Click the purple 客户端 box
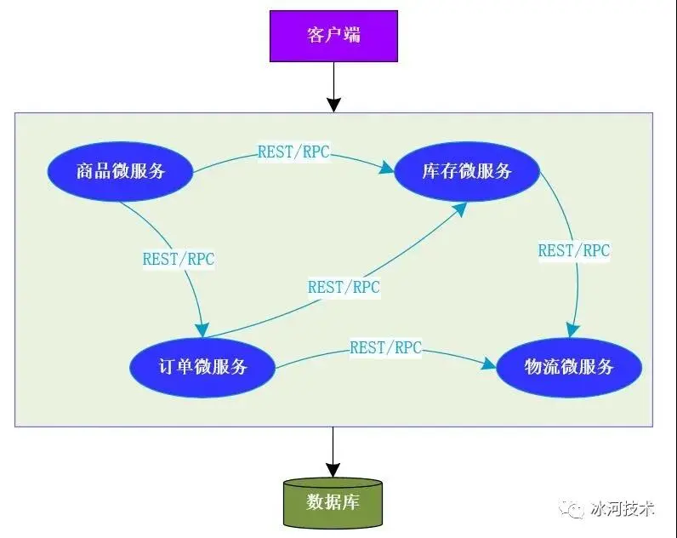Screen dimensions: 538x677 pos(333,36)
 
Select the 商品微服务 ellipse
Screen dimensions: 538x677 pos(120,171)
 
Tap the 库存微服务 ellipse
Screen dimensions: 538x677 pos(467,171)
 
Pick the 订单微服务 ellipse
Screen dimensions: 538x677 pos(203,367)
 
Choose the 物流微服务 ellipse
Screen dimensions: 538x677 pos(569,367)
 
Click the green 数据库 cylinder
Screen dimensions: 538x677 pos(333,501)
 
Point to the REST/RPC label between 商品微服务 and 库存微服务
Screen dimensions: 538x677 pos(293,153)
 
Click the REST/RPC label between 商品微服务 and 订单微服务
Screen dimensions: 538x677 pos(179,259)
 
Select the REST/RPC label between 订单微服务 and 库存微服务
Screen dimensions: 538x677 pos(344,287)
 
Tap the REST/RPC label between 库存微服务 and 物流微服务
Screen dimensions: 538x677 pos(574,250)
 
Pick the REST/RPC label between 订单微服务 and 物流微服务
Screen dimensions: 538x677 pos(386,347)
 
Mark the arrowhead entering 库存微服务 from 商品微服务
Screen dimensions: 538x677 pos(387,169)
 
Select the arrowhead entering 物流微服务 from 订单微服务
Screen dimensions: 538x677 pos(489,364)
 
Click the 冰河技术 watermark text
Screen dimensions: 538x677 pos(623,508)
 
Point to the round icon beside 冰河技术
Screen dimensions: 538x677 pos(572,509)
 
